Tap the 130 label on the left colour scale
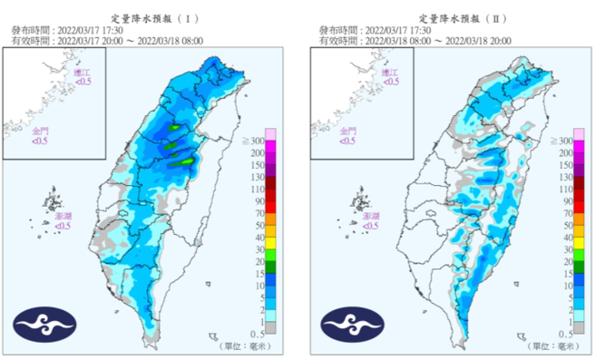pos(256,179)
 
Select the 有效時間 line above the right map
pos(413,40)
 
